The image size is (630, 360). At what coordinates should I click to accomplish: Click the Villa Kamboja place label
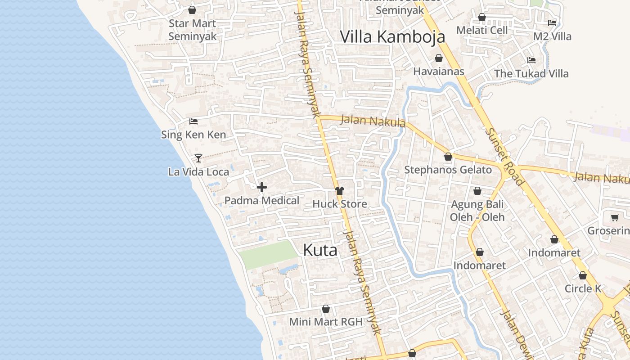(x=392, y=36)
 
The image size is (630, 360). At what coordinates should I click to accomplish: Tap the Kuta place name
(x=320, y=250)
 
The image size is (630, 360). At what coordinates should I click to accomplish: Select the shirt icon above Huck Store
(x=340, y=191)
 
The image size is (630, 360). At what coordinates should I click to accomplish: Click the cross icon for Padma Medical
(x=261, y=187)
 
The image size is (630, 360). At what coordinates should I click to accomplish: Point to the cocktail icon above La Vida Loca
(x=198, y=158)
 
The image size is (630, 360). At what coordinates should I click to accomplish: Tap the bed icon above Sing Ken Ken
(x=193, y=121)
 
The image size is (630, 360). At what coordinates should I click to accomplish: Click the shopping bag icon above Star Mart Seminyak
(x=192, y=10)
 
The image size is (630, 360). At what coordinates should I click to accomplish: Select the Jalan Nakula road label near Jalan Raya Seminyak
(x=373, y=121)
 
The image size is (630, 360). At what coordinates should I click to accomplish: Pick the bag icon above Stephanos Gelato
(x=448, y=157)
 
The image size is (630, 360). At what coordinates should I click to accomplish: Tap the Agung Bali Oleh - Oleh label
(x=477, y=211)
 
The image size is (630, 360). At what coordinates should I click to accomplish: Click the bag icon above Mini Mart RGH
(x=326, y=309)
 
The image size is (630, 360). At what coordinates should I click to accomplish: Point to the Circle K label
(x=583, y=288)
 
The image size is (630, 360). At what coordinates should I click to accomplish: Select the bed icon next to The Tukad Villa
(x=531, y=60)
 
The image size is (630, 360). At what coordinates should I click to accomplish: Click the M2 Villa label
(x=552, y=36)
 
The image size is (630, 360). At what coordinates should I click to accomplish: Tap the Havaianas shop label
(x=438, y=71)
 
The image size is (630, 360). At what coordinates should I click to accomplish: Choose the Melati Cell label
(x=482, y=30)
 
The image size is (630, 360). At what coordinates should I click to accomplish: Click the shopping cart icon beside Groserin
(x=615, y=218)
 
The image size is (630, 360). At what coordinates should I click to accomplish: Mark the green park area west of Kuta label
(x=268, y=254)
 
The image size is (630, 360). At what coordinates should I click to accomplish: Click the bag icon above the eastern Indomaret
(x=554, y=239)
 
